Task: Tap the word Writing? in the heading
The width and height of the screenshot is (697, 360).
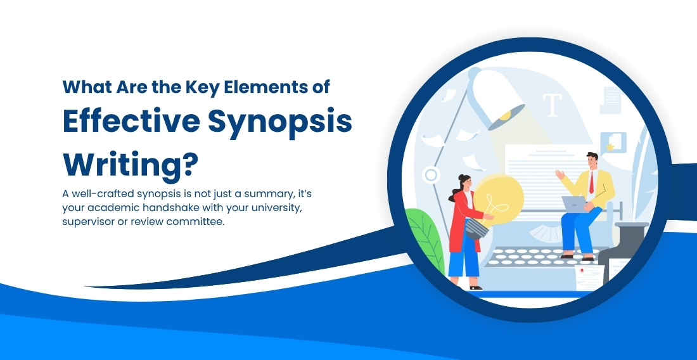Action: click(131, 164)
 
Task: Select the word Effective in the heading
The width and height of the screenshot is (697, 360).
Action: click(131, 120)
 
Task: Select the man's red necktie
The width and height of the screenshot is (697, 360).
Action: click(591, 183)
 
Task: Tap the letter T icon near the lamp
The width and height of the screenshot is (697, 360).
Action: click(553, 105)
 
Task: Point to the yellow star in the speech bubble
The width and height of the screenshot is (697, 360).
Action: click(610, 146)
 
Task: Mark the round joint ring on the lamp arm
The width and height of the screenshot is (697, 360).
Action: click(431, 175)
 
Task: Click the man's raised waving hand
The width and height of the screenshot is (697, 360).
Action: click(560, 174)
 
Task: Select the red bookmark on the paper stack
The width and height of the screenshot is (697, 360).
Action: click(582, 270)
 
